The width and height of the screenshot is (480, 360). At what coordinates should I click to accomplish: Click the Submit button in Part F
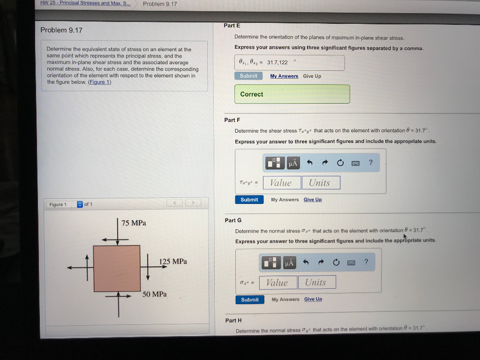pyautogui.click(x=249, y=200)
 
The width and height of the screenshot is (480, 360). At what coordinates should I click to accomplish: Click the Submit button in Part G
pyautogui.click(x=249, y=300)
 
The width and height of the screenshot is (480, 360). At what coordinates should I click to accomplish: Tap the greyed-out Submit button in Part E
pyautogui.click(x=248, y=76)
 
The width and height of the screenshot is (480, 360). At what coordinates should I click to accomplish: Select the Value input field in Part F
pyautogui.click(x=281, y=183)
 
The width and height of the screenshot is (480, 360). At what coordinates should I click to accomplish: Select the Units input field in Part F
pyautogui.click(x=321, y=183)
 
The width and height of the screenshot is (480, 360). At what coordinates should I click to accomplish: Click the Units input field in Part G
pyautogui.click(x=317, y=282)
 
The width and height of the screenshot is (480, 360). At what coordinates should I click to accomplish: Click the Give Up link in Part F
pyautogui.click(x=313, y=200)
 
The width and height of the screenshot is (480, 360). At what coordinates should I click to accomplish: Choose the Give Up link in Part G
pyautogui.click(x=313, y=299)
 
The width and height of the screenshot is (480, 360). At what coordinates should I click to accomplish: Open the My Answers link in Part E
pyautogui.click(x=284, y=76)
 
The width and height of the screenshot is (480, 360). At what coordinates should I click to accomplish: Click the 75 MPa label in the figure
pyautogui.click(x=134, y=223)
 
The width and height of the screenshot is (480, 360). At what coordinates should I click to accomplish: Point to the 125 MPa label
pyautogui.click(x=173, y=262)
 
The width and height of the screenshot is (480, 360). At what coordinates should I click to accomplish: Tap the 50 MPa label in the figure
pyautogui.click(x=155, y=294)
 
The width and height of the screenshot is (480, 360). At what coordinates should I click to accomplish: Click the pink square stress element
pyautogui.click(x=117, y=268)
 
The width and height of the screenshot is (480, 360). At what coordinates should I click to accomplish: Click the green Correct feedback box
pyautogui.click(x=292, y=94)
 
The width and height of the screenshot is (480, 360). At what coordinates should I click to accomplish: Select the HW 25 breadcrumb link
pyautogui.click(x=85, y=4)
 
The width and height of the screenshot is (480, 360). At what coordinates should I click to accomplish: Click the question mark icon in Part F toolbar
pyautogui.click(x=370, y=163)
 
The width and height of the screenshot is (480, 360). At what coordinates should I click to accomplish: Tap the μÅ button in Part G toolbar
pyautogui.click(x=289, y=263)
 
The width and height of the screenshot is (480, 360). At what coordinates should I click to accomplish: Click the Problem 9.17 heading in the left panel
pyautogui.click(x=61, y=30)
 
